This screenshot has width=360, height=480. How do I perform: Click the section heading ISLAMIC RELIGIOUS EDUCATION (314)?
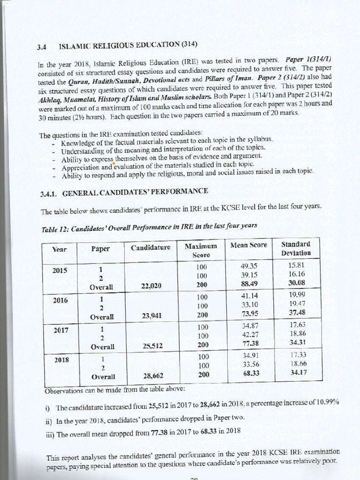(127, 45)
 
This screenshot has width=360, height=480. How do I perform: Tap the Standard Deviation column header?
(296, 248)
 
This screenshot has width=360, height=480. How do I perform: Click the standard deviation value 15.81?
(297, 265)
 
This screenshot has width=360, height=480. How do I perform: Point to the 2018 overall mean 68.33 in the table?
(250, 373)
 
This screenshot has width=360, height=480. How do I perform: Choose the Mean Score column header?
(249, 245)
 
